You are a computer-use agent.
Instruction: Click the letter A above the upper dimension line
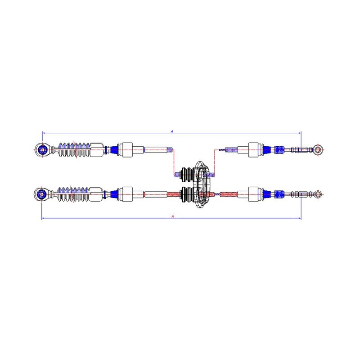click(172, 131)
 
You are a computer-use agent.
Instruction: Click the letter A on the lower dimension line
click(173, 216)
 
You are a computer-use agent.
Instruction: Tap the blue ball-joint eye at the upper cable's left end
click(42, 150)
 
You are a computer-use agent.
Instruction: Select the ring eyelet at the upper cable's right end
click(318, 150)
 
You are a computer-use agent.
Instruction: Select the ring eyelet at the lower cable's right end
click(318, 194)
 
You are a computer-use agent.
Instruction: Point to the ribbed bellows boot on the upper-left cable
click(74, 150)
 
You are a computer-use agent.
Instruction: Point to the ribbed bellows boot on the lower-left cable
click(73, 194)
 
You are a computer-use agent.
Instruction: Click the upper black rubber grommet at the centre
click(188, 175)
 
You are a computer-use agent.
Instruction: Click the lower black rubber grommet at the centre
click(188, 194)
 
